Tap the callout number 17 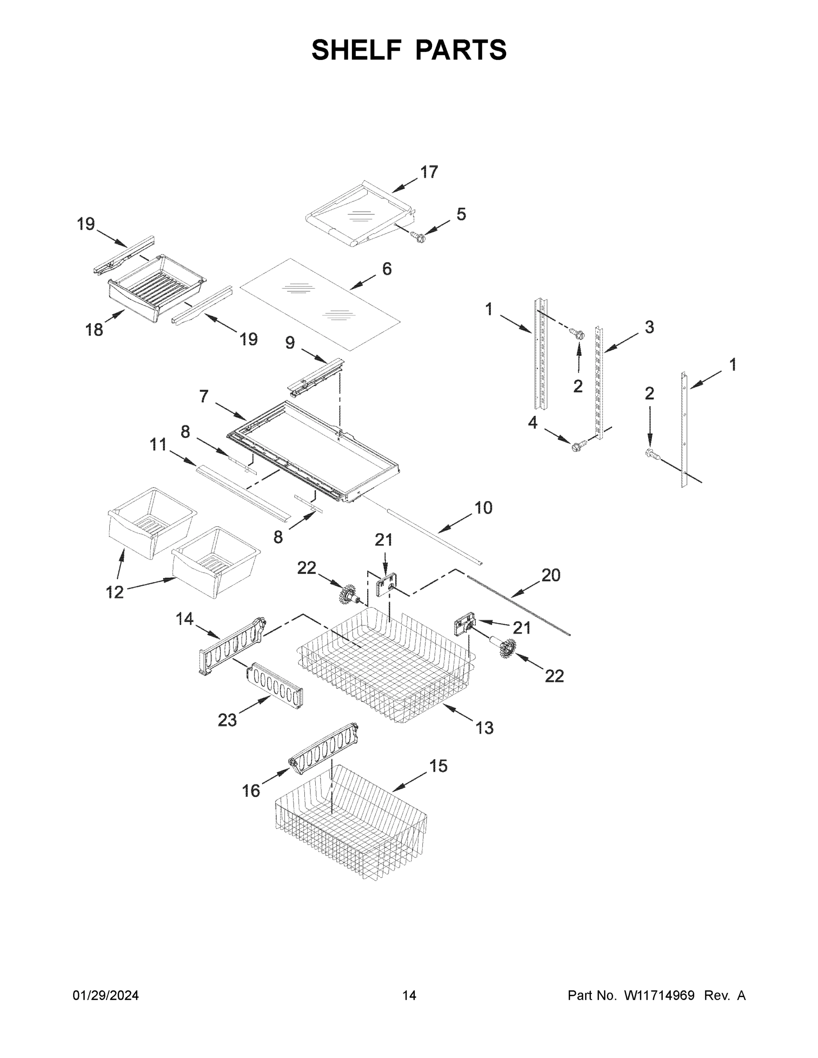[x=429, y=172]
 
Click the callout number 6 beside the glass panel [x=387, y=269]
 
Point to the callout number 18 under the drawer [x=94, y=330]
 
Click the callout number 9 [x=290, y=343]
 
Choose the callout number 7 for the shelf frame [x=204, y=397]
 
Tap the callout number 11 [x=158, y=444]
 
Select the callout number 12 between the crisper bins [x=115, y=592]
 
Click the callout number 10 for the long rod [x=483, y=508]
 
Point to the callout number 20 [x=550, y=575]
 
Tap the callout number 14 [x=185, y=619]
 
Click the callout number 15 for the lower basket [x=439, y=766]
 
